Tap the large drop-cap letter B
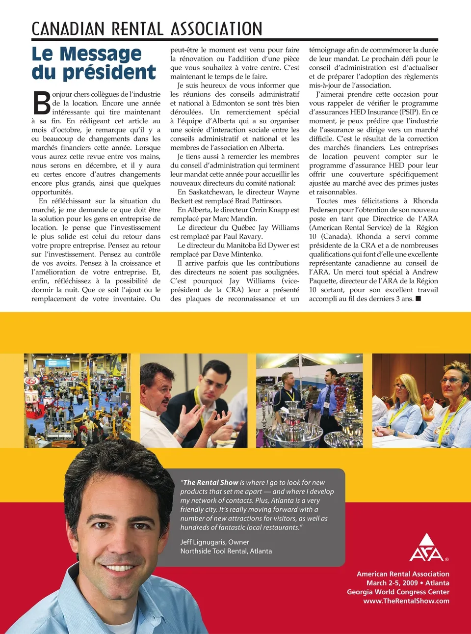[42, 103]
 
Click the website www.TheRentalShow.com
[406, 601]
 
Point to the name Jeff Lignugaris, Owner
[214, 542]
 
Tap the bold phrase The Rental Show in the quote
[210, 483]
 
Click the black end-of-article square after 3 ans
[418, 299]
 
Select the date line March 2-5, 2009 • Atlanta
[408, 583]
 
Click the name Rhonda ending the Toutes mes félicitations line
[425, 201]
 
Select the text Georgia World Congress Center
[398, 592]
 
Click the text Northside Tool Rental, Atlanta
[226, 551]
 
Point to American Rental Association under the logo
[403, 574]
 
